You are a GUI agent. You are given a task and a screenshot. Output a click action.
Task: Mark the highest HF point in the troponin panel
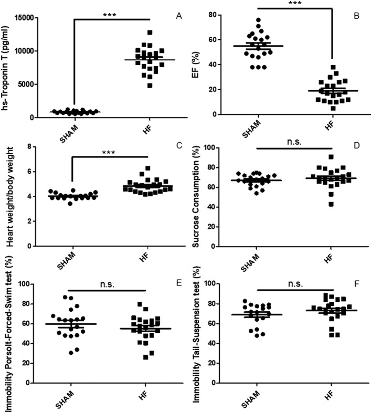coord(134,33)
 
